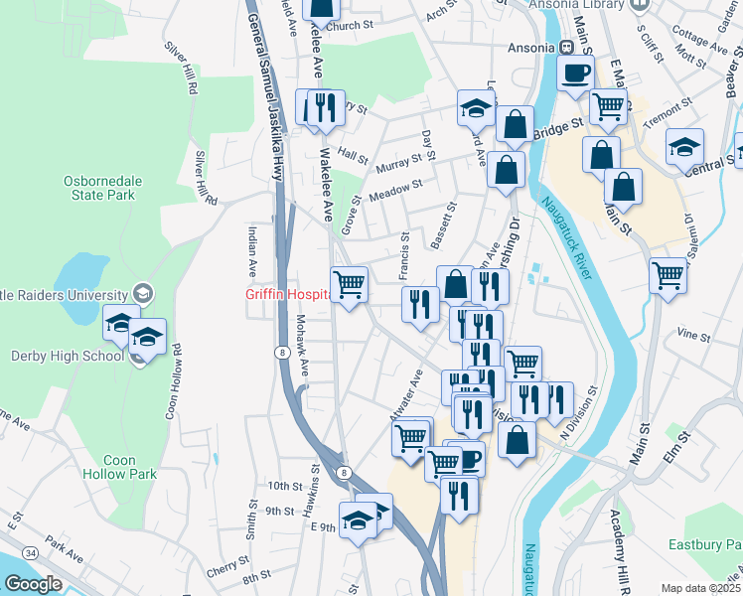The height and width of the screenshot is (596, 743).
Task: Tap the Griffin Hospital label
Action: tap(288, 295)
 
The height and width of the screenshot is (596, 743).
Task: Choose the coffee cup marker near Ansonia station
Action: tap(575, 74)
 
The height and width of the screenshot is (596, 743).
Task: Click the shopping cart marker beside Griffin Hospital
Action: tap(349, 285)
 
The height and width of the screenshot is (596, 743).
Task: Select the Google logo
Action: tap(34, 584)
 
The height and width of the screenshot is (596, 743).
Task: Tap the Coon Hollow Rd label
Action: tap(173, 382)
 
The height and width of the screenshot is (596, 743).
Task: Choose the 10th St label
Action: tap(283, 486)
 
